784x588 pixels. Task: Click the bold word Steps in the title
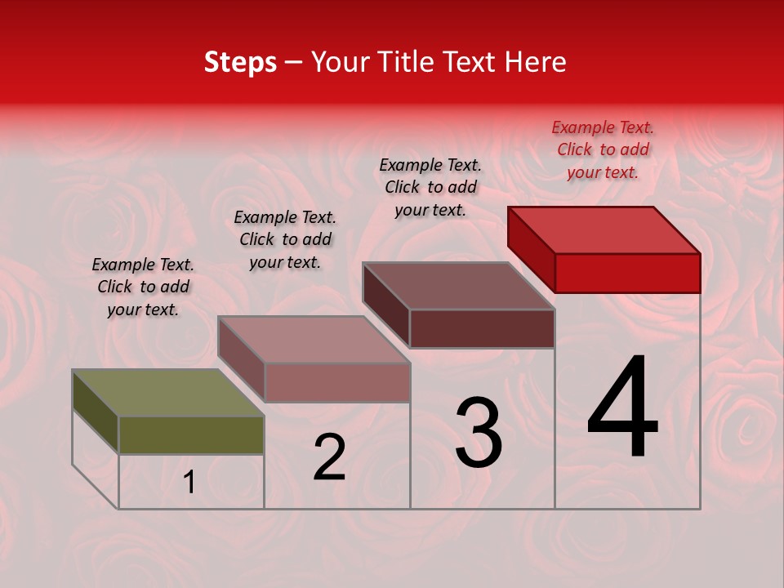pyautogui.click(x=240, y=62)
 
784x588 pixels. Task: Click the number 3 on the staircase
pyautogui.click(x=478, y=433)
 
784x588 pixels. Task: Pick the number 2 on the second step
pyautogui.click(x=329, y=457)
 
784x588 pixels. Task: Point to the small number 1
pyautogui.click(x=189, y=483)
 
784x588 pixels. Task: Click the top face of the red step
pyautogui.click(x=604, y=229)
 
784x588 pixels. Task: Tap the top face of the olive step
pyautogui.click(x=168, y=393)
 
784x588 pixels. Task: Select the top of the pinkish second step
pyautogui.click(x=314, y=340)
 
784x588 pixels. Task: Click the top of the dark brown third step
pyautogui.click(x=459, y=286)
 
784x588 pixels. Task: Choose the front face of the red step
pyautogui.click(x=627, y=273)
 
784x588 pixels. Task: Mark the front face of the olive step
pyautogui.click(x=191, y=434)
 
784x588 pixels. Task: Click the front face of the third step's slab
pyautogui.click(x=482, y=328)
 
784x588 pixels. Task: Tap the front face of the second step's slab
pyautogui.click(x=336, y=382)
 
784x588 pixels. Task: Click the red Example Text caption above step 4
pyautogui.click(x=603, y=149)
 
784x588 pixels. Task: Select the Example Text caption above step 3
pyautogui.click(x=430, y=187)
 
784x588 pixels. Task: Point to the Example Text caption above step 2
pyautogui.click(x=285, y=239)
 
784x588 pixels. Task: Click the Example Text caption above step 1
pyautogui.click(x=143, y=287)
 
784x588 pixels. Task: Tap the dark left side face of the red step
pyautogui.click(x=531, y=248)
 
